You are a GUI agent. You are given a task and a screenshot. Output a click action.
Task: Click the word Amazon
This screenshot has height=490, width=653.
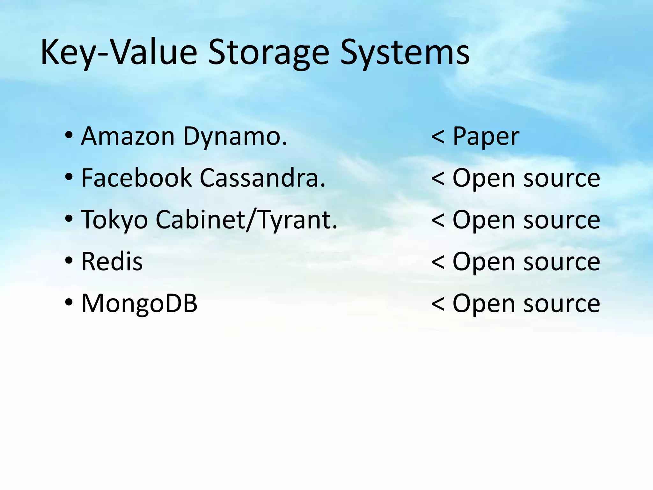pos(128,137)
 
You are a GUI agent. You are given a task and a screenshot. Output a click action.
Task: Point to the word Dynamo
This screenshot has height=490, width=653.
pos(235,137)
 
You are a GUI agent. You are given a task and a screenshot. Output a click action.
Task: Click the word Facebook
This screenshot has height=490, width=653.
pos(136,178)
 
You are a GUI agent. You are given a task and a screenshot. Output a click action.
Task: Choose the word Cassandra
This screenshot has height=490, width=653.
pos(262,178)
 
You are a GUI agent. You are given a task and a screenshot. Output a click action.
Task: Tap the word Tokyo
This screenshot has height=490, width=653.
pos(114,220)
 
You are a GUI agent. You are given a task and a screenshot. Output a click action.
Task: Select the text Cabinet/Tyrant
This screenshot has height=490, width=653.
pos(246,220)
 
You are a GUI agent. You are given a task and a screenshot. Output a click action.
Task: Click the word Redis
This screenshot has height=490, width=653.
pos(112,262)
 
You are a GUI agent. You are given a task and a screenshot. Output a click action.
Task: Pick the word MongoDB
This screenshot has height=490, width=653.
pos(139,303)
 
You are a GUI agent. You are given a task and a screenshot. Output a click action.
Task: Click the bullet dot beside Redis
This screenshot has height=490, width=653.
pos(69,261)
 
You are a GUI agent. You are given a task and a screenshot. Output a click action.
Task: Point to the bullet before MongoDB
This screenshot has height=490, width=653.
pos(69,302)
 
